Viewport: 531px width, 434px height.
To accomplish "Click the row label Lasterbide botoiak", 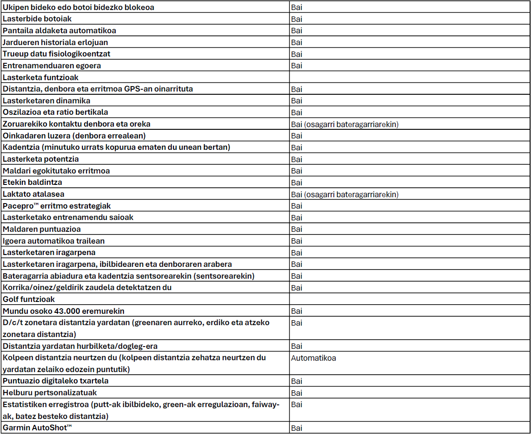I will click(x=37, y=19).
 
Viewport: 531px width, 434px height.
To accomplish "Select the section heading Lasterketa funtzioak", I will click(x=41, y=77).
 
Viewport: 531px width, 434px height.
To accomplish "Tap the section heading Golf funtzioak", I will click(x=29, y=299).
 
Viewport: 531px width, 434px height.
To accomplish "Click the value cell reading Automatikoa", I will click(x=313, y=358).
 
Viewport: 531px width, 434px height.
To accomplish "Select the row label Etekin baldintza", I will click(x=32, y=182).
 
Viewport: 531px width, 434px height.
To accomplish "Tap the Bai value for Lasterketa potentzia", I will click(x=296, y=159).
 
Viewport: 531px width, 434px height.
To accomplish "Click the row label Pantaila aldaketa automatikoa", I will click(x=59, y=31).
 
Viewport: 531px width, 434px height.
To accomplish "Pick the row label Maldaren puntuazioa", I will click(x=42, y=229).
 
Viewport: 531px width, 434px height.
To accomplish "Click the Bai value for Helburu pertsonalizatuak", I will click(x=296, y=393).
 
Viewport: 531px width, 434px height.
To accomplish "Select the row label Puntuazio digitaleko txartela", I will click(x=56, y=381).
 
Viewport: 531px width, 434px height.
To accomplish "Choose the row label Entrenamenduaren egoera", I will click(x=52, y=66).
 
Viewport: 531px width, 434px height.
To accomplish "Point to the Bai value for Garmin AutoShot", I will click(x=296, y=428).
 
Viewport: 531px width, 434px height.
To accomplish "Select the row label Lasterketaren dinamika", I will click(x=46, y=100).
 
